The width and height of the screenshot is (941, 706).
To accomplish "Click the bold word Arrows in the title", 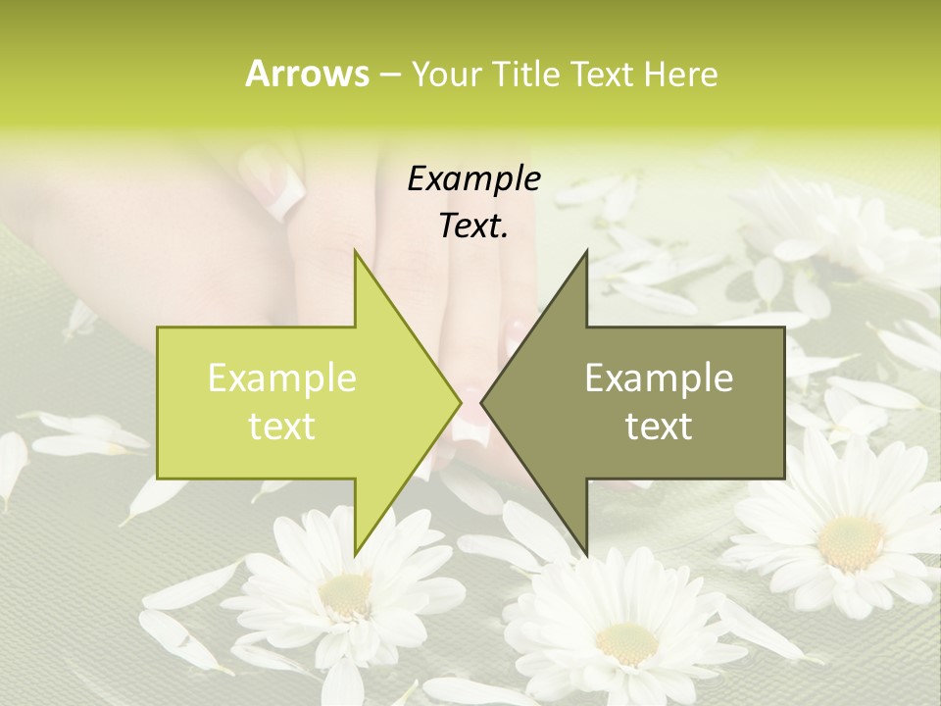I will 307,74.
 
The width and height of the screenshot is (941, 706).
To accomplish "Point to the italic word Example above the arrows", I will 473,178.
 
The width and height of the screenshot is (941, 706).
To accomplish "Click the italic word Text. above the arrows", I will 473,226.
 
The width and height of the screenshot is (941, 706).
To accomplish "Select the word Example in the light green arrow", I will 282,378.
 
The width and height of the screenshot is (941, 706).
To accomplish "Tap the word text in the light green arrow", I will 282,426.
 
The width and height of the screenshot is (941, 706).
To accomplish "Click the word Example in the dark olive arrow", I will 659,378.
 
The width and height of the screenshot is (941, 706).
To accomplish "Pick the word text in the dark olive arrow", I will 659,426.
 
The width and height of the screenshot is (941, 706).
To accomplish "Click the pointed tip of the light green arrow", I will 460,402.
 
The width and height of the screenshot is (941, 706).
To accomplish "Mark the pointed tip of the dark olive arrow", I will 482,402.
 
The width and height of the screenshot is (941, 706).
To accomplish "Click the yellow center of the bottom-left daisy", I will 346,592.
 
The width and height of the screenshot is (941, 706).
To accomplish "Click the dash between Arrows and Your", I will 389,74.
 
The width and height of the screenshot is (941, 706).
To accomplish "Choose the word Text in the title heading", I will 601,74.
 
